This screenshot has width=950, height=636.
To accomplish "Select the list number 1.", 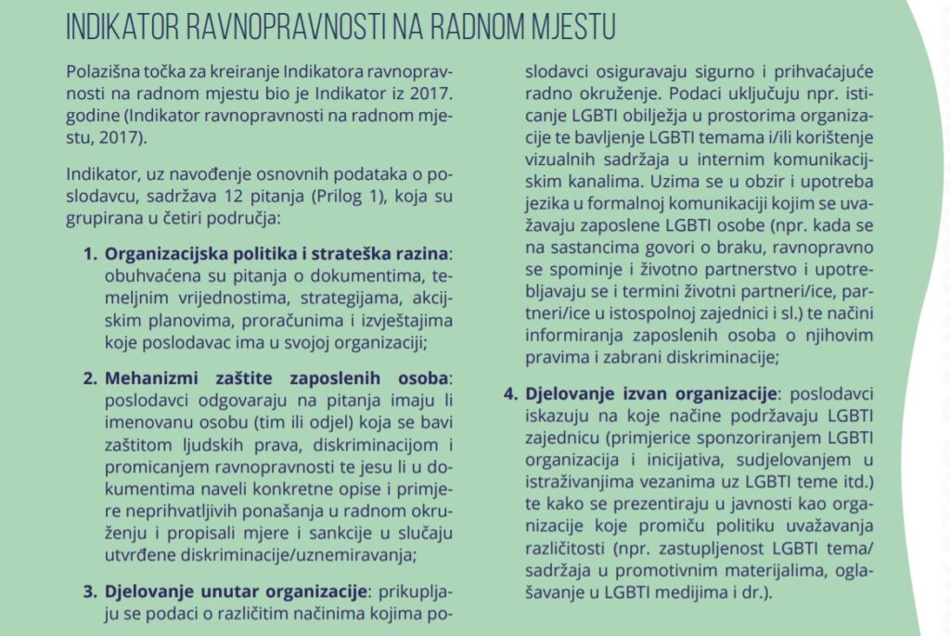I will point(90,253).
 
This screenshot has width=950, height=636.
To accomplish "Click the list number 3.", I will point(90,591).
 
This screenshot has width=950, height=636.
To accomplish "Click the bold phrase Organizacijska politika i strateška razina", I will point(276,253).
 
